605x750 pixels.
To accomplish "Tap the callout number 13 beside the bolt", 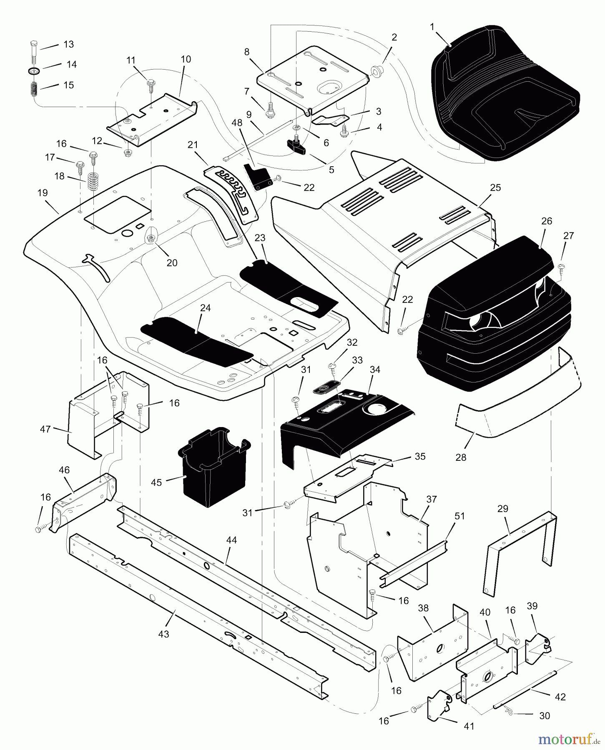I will point(68,44).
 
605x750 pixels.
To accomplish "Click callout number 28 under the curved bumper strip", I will point(461,457).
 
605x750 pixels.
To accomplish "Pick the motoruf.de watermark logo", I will point(570,739).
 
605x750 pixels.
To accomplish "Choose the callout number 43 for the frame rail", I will point(163,633).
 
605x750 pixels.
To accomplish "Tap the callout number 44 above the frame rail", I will point(231,540).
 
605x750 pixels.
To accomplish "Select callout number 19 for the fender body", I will point(43,193).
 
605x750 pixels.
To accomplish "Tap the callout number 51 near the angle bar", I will point(459,516).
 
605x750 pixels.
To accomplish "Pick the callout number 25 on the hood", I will point(495,187).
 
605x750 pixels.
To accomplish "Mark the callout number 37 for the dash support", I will point(432,499).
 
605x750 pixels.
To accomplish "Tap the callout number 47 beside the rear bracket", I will point(45,429).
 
